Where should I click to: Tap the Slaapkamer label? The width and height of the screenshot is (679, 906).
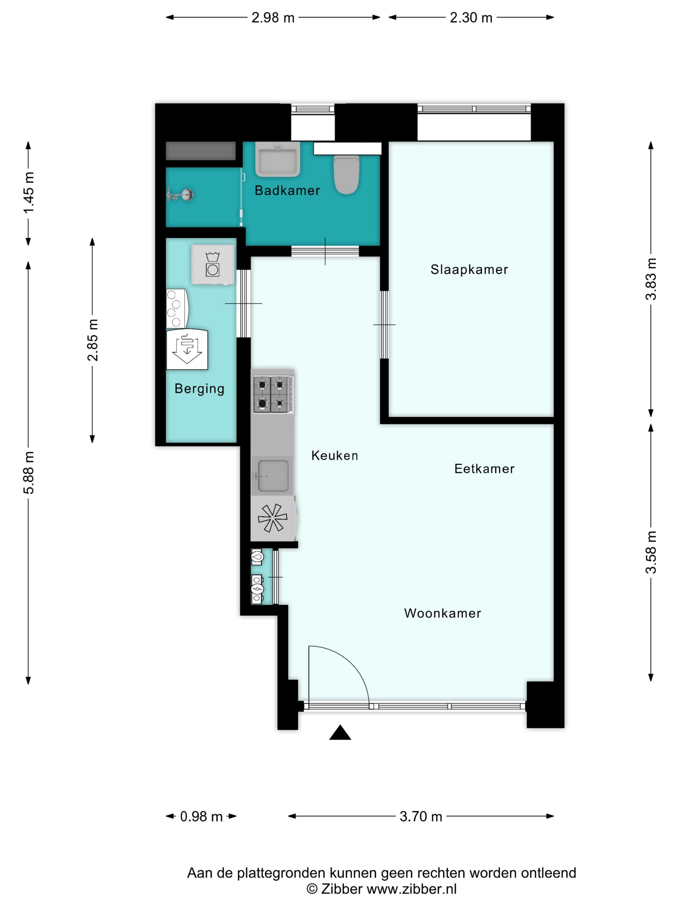469,269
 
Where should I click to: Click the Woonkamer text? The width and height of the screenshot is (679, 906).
442,613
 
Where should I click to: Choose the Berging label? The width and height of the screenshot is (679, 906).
199,388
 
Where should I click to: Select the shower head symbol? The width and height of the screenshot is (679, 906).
180,194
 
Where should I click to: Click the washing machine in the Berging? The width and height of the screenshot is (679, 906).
213,264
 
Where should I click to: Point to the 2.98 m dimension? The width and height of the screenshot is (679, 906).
273,17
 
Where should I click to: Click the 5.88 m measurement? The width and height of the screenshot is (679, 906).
29,473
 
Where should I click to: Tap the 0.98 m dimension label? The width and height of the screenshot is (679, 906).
201,816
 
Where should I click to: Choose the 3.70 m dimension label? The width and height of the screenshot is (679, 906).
421,816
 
